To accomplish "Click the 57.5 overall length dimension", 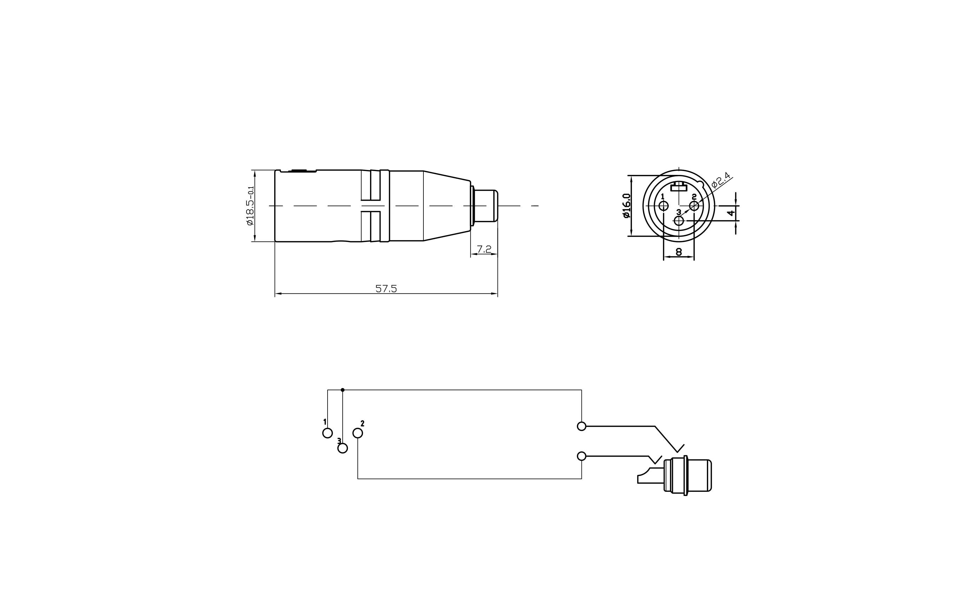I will pos(386,289).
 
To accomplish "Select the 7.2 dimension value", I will pos(484,249).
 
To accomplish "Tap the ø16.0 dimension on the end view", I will pos(626,206).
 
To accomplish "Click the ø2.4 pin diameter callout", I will pos(721,180).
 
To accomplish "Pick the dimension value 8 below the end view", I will pos(679,252).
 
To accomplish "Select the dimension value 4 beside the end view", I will pos(731,213).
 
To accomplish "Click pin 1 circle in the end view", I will pos(663,206).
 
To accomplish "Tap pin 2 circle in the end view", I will pos(694,206).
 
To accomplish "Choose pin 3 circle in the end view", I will pos(679,221).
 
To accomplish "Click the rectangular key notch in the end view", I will pos(679,187).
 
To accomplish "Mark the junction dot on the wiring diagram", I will pos(343,390).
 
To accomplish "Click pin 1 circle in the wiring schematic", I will pos(327,433).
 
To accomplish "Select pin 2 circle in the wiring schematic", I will pos(357,433).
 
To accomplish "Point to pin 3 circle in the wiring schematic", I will pos(343,448).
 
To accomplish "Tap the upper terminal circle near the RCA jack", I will pos(581,426).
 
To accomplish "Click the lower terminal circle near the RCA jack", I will pos(581,456).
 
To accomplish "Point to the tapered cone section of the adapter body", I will pos(446,206).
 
